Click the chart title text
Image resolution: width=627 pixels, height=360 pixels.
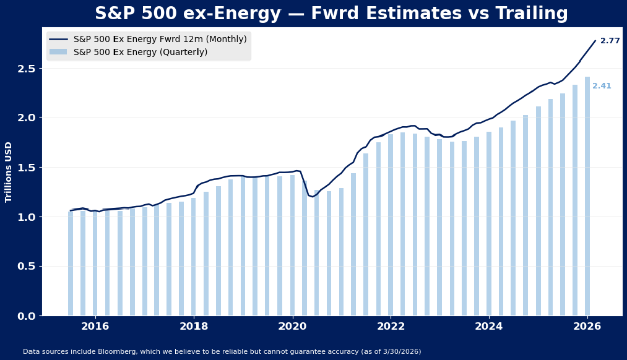(x=331, y=14)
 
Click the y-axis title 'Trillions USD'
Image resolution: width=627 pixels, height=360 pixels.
(x=9, y=172)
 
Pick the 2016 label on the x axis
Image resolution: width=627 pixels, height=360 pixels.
(x=95, y=327)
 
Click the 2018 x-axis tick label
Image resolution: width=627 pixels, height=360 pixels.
(x=194, y=327)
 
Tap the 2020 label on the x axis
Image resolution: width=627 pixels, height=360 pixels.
(x=292, y=327)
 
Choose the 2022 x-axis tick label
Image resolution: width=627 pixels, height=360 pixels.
(x=391, y=327)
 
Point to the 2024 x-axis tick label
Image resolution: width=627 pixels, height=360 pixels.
(x=489, y=327)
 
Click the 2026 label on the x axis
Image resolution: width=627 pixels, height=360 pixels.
(x=587, y=327)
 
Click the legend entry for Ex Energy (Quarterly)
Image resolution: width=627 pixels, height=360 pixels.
(x=141, y=53)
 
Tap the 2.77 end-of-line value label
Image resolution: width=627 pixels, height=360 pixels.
(x=610, y=41)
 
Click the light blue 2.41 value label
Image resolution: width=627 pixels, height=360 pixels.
(x=602, y=86)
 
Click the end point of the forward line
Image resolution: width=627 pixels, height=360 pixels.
(x=595, y=41)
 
